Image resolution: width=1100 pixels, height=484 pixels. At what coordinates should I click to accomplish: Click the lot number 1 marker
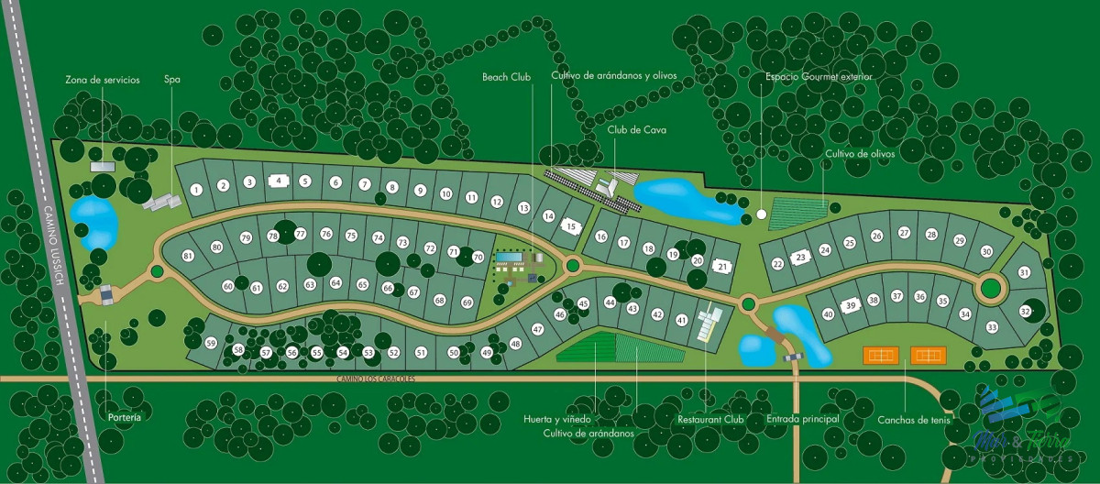pyautogui.click(x=196, y=190)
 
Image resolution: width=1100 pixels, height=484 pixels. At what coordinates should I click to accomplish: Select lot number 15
pyautogui.click(x=570, y=226)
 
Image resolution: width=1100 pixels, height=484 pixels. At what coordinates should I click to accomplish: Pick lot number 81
pyautogui.click(x=187, y=256)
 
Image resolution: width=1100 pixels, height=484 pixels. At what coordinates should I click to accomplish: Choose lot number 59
pyautogui.click(x=211, y=343)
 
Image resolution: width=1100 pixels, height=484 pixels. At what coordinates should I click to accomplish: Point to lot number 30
pyautogui.click(x=986, y=251)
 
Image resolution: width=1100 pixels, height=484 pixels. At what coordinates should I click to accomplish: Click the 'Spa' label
pyautogui.click(x=171, y=80)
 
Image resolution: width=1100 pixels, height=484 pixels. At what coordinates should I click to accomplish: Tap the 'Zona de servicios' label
pyautogui.click(x=102, y=80)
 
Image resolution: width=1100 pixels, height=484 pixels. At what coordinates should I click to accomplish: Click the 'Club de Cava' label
pyautogui.click(x=636, y=130)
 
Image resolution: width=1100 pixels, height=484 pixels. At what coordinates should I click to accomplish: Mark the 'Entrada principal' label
pyautogui.click(x=802, y=419)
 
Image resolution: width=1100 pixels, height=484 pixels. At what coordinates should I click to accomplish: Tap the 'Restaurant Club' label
pyautogui.click(x=710, y=419)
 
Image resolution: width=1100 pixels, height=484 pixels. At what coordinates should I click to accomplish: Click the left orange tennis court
pyautogui.click(x=881, y=355)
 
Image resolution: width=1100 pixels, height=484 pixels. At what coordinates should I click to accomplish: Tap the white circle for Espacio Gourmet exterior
pyautogui.click(x=761, y=214)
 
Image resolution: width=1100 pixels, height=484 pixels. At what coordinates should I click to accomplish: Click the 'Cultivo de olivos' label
pyautogui.click(x=859, y=154)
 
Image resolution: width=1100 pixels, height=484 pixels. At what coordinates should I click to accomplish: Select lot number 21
pyautogui.click(x=722, y=267)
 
